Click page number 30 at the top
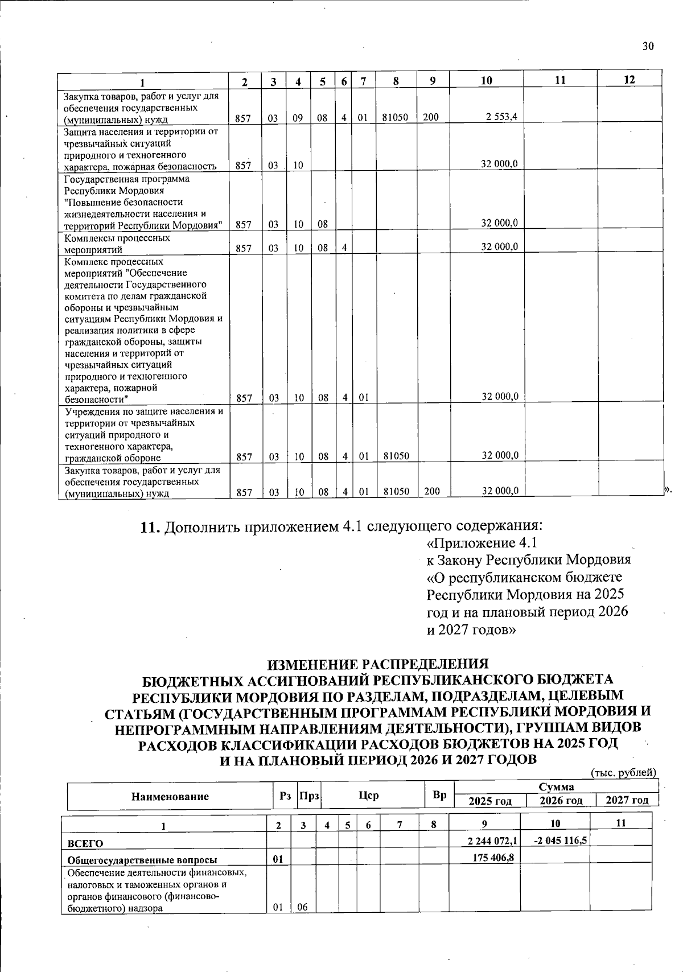point(648,47)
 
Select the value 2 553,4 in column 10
point(501,117)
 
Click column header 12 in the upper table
point(629,80)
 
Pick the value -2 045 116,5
point(556,840)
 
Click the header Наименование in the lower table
point(170,797)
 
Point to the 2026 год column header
point(561,801)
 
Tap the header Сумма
point(556,787)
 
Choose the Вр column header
point(439,795)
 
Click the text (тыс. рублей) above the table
point(624,773)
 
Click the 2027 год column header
point(627,801)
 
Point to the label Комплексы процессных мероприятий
point(117,244)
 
